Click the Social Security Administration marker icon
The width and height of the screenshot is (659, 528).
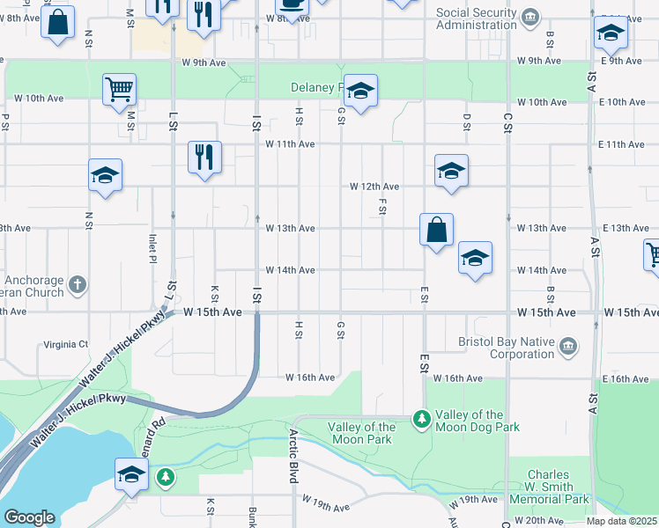pos(530,17)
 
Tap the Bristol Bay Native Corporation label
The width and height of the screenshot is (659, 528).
pos(506,348)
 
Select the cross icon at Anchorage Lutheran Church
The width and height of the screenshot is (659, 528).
pos(78,284)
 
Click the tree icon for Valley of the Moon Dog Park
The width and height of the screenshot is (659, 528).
pos(422,415)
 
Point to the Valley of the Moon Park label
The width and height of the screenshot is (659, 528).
pos(359,433)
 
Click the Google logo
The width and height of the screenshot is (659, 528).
pos(30,517)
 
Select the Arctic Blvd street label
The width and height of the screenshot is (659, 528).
pos(292,455)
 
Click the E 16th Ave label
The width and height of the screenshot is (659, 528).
pos(629,378)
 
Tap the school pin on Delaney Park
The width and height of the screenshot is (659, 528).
pos(359,92)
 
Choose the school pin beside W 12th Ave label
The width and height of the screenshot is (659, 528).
pos(451,171)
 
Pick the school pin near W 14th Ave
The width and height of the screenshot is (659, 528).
pos(475,259)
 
